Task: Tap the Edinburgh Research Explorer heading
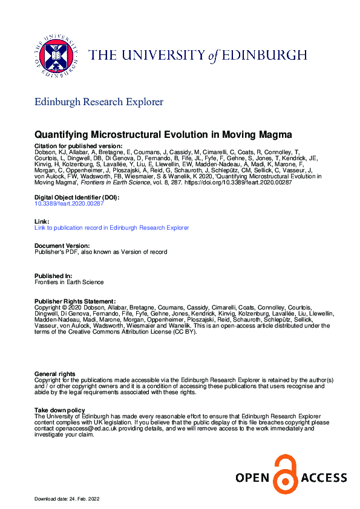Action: [99, 102]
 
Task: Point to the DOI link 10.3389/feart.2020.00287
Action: [69, 204]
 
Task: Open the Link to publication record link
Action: [111, 228]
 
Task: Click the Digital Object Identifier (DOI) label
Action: [76, 198]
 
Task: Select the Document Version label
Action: [62, 246]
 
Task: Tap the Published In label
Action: [54, 276]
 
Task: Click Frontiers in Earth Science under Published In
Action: [68, 282]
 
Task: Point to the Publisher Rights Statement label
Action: [74, 300]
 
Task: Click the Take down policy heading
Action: [59, 410]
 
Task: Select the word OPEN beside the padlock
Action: [252, 478]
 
